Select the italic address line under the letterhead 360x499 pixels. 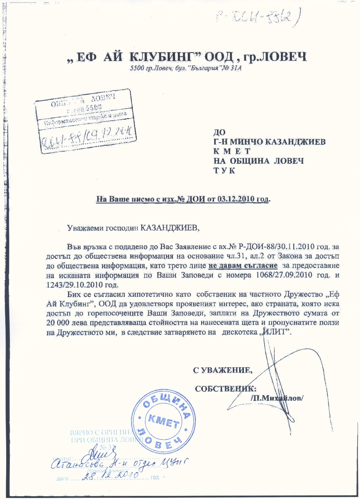tap(185, 69)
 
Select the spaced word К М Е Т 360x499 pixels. tap(232, 151)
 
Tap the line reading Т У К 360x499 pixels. tap(224, 170)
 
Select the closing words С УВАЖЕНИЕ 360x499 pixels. tap(221, 370)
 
